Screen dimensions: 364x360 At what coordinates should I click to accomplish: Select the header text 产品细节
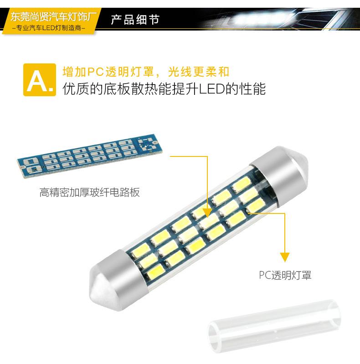pyautogui.click(x=135, y=21)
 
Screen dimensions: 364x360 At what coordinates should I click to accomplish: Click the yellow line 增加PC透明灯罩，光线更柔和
pyautogui.click(x=145, y=71)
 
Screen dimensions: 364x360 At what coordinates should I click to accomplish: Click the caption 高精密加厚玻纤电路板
pyautogui.click(x=89, y=192)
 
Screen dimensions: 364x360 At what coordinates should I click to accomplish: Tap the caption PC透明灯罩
pyautogui.click(x=285, y=275)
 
